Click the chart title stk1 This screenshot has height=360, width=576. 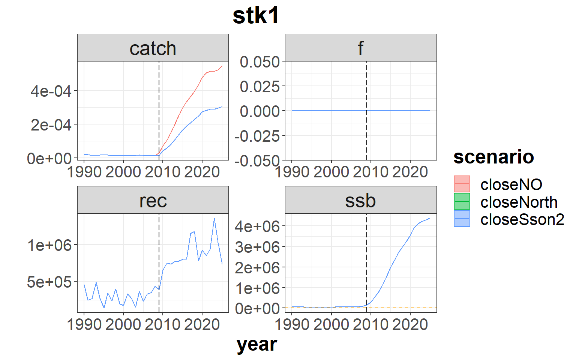256,16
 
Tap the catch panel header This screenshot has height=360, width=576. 153,48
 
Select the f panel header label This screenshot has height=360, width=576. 361,48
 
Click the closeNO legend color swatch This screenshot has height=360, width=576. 462,184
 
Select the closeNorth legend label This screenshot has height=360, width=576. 519,202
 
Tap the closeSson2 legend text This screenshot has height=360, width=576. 522,220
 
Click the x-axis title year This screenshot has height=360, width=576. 257,345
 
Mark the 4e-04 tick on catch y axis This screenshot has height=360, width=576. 51,91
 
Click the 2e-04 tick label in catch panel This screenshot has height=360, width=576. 51,125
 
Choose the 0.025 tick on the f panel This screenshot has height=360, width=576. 260,86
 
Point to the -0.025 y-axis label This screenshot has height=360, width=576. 257,136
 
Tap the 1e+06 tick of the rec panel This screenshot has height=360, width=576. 49,245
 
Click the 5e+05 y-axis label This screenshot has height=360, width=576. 49,282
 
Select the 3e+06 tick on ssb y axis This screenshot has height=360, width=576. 257,247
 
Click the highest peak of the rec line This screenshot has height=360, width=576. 214,218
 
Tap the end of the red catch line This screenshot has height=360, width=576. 222,66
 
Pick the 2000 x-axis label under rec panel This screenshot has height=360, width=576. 123,324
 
